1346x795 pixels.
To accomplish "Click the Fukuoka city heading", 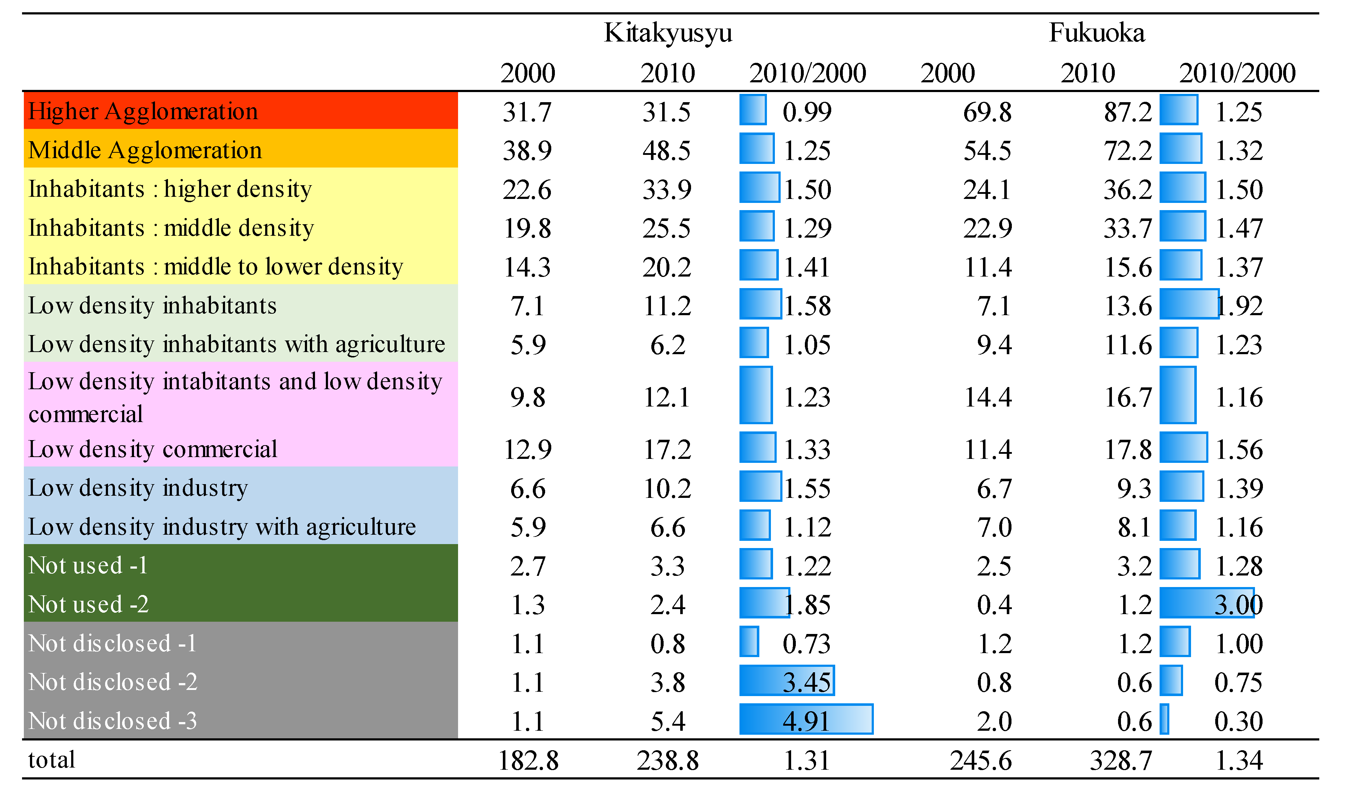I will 1096,33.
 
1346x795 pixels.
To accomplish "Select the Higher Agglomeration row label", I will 143,112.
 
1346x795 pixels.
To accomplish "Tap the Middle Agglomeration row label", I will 145,150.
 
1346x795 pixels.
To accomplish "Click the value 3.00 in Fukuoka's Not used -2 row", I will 1238,605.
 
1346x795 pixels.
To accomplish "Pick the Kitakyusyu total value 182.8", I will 528,761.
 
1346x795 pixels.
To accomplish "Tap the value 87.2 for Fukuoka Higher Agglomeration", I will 1127,112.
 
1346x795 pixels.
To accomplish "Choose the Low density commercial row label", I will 153,449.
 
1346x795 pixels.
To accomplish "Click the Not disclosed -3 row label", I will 113,721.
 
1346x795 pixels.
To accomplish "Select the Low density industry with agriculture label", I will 222,527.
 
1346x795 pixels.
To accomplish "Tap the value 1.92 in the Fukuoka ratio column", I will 1239,306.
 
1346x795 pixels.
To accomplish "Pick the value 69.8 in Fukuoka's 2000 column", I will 987,112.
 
